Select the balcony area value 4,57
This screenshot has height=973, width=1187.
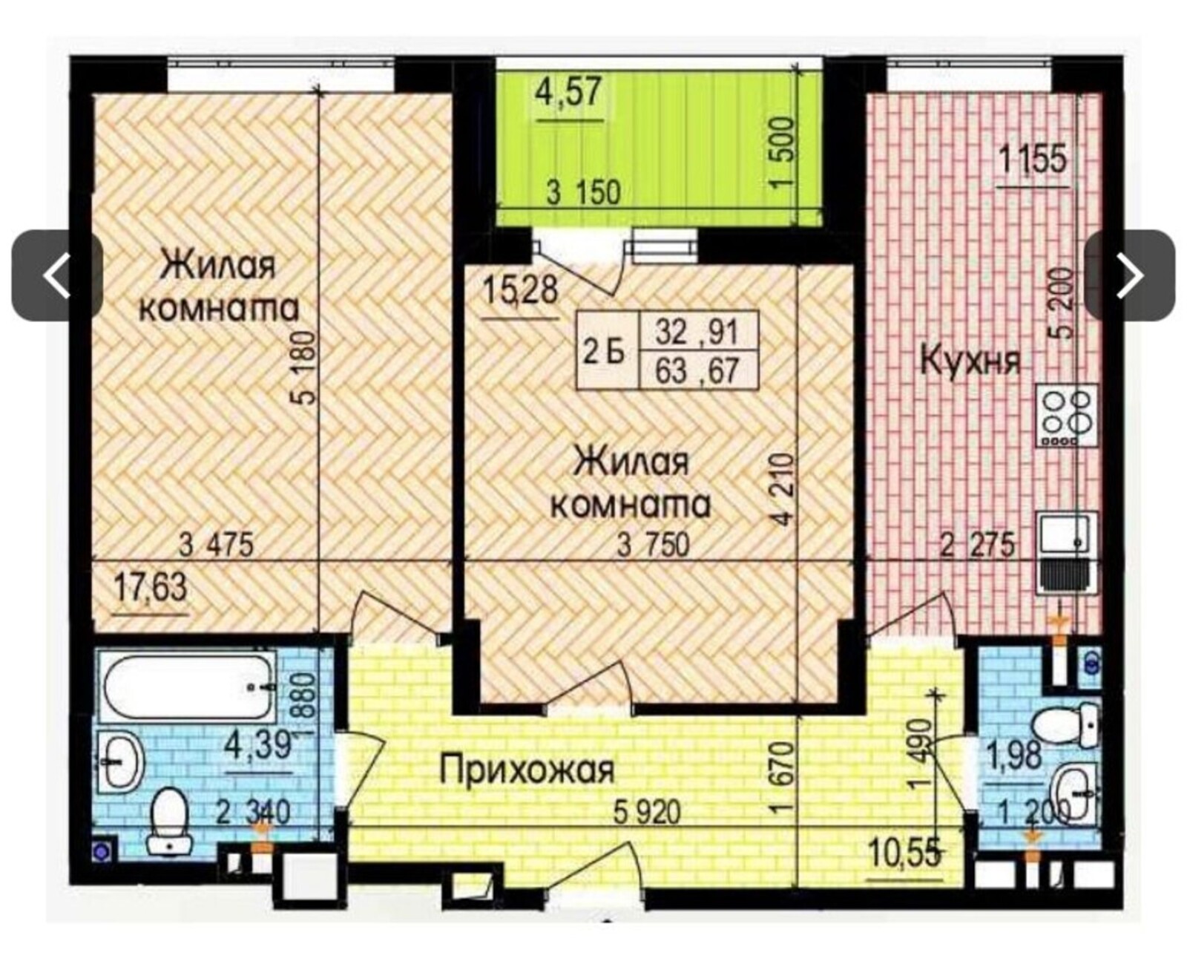tap(569, 93)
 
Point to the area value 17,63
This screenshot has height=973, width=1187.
tap(151, 587)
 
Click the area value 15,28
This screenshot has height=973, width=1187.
tap(520, 290)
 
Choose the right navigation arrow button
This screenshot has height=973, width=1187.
tap(1130, 276)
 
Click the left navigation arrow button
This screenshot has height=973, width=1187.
tap(57, 276)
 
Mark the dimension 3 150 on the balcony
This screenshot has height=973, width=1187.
tap(584, 192)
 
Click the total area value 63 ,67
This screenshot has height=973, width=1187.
tap(696, 371)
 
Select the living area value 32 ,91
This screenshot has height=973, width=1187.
tap(696, 332)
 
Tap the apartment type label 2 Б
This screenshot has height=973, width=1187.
tap(604, 354)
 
